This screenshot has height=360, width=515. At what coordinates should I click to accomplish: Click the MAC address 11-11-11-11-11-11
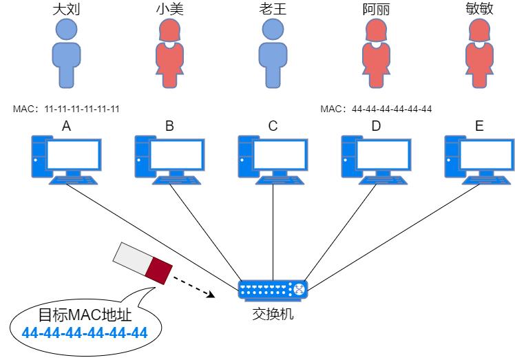click(x=82, y=109)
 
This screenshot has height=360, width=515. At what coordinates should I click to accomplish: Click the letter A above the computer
click(x=66, y=126)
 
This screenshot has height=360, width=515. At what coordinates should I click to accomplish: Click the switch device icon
click(x=273, y=290)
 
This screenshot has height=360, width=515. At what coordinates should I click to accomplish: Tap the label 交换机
click(x=273, y=314)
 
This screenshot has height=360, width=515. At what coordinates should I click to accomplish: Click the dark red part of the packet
click(x=160, y=269)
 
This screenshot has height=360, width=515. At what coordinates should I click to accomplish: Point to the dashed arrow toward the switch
click(x=191, y=287)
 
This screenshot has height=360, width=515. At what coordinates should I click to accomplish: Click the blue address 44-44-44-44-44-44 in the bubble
click(x=85, y=334)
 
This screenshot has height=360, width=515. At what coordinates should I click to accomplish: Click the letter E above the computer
click(x=479, y=126)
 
